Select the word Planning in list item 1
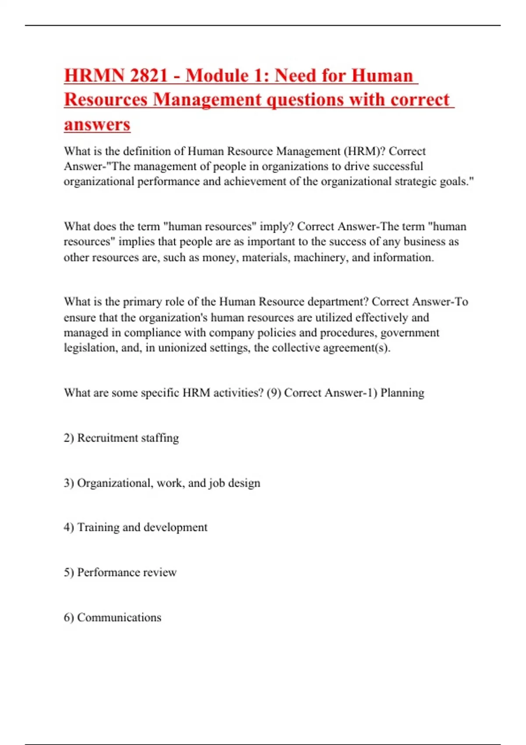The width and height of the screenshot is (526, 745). click(402, 393)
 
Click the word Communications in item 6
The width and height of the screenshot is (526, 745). click(119, 617)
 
